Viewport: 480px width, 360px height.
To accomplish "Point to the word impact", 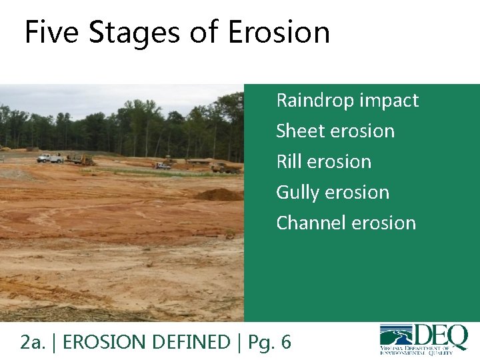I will click(x=389, y=101).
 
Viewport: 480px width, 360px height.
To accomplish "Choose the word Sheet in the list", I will click(x=298, y=131).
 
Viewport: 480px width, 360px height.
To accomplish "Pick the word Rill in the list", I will click(x=288, y=161).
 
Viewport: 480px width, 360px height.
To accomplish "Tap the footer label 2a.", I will click(x=33, y=342).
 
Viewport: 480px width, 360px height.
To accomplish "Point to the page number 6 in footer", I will click(x=285, y=342).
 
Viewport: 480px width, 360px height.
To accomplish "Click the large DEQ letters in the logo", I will click(x=441, y=335).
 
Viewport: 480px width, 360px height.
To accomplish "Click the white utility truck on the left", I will click(x=50, y=158).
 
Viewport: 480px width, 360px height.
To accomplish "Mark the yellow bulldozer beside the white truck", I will click(x=82, y=159).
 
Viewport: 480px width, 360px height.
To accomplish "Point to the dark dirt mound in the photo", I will click(x=219, y=195).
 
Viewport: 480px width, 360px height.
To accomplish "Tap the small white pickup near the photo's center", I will click(x=163, y=166).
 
